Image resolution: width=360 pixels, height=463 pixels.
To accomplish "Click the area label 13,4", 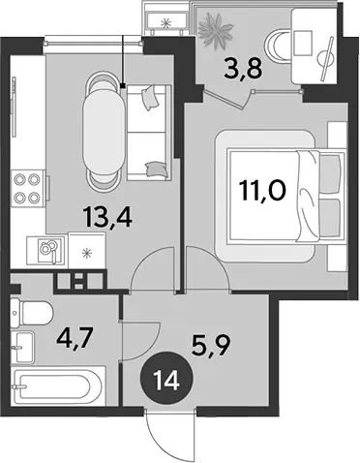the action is (x=107, y=217).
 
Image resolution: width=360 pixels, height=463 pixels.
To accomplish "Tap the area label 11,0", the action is (x=262, y=192).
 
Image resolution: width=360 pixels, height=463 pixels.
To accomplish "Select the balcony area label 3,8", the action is (x=243, y=70).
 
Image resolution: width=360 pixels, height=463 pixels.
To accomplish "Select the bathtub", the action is (x=58, y=386).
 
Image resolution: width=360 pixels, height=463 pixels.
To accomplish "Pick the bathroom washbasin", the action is (x=22, y=348).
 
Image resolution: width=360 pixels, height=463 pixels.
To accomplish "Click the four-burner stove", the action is (x=27, y=189).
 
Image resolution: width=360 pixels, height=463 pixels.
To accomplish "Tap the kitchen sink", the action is (x=46, y=251).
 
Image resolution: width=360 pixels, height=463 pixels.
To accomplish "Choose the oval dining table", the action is (x=104, y=134).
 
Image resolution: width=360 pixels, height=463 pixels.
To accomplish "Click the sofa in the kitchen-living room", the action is (x=149, y=133).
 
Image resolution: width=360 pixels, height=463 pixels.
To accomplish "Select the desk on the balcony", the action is (x=315, y=46).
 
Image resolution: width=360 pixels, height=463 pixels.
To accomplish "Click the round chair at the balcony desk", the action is (x=278, y=46).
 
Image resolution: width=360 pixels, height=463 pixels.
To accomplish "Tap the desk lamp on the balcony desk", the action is (x=326, y=59).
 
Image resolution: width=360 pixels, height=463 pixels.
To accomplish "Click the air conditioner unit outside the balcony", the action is (x=166, y=21).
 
